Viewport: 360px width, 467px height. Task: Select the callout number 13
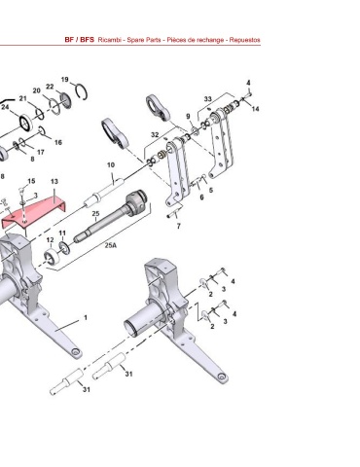[x=54, y=181]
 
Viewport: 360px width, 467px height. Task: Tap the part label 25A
[x=111, y=245]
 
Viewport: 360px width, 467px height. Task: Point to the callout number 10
[x=111, y=165]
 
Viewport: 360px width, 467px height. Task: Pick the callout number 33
[x=207, y=99]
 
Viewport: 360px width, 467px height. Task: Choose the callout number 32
[x=155, y=134]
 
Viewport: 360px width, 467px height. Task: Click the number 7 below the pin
[x=179, y=226]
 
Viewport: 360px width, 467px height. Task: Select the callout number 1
[x=86, y=317]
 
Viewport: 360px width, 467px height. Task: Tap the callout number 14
[x=256, y=109]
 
